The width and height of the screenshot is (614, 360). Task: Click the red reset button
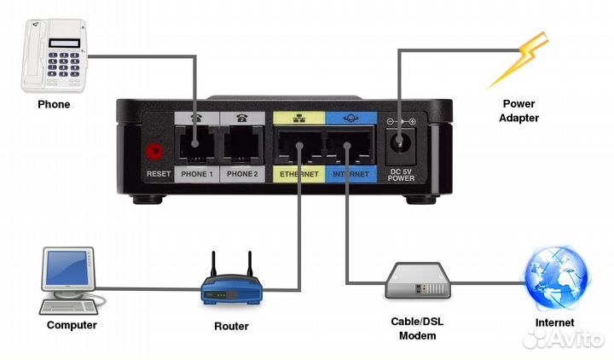[155, 152]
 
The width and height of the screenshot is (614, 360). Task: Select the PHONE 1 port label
[197, 173]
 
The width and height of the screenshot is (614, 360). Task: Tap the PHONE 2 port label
[242, 173]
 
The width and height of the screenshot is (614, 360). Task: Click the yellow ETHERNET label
[298, 173]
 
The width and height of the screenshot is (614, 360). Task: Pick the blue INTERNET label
[350, 173]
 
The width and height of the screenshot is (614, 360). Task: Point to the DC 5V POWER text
[401, 174]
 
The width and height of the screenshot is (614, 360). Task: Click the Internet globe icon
[555, 280]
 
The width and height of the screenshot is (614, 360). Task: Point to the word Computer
[72, 325]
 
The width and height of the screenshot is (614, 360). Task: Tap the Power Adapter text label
[518, 112]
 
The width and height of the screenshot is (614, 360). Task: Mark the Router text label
[231, 326]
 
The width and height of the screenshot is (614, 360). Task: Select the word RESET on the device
[159, 174]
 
